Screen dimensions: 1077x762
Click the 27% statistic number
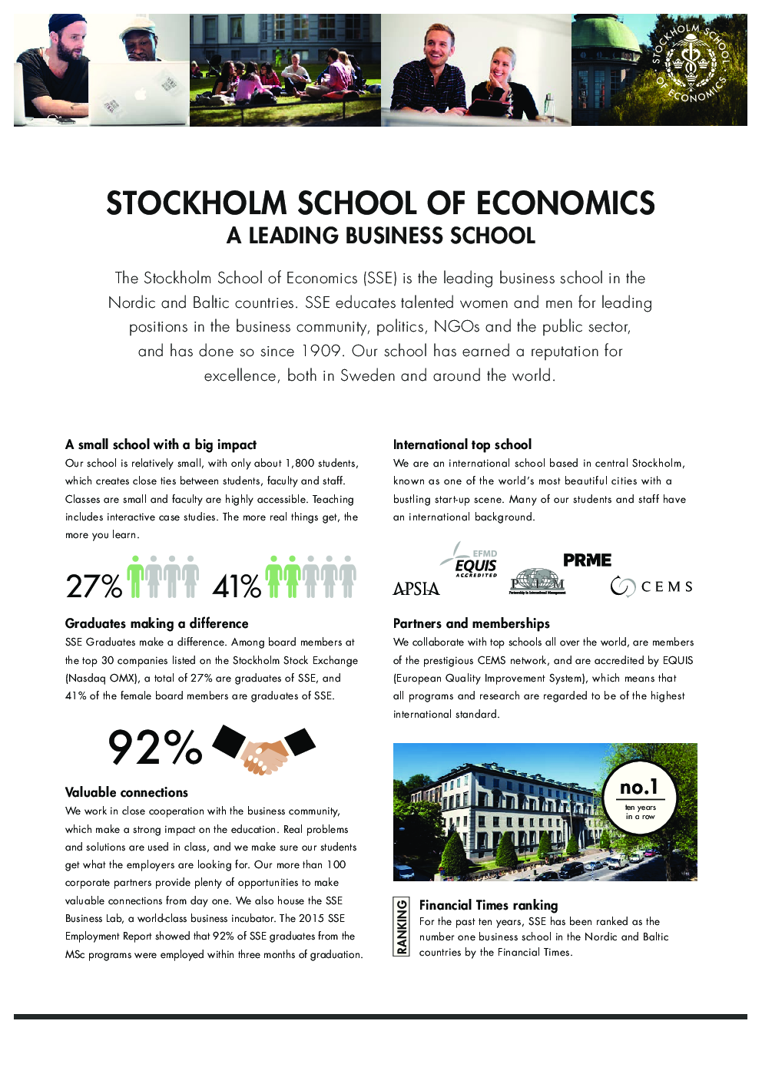94,586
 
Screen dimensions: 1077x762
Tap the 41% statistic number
237,586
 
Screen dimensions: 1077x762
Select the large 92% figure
154,748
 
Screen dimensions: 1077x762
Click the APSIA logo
416,589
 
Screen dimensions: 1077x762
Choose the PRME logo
587,560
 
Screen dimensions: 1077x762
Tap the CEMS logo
652,586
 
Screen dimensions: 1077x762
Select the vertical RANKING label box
401,927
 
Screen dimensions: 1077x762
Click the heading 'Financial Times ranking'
489,905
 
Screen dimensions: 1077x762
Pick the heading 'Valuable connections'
127,792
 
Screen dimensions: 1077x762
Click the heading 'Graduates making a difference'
157,623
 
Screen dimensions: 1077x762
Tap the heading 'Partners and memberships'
472,623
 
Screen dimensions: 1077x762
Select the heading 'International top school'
462,444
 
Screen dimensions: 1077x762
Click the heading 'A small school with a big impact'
161,444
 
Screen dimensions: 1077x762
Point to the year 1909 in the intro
321,352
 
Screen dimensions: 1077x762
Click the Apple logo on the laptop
140,94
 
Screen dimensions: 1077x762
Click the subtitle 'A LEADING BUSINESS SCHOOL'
381,236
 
